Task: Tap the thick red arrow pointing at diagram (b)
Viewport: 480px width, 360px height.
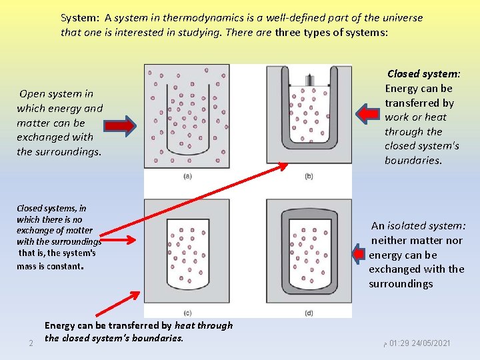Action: click(368, 114)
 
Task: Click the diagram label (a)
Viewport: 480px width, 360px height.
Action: click(187, 176)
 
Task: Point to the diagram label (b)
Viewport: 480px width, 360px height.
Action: click(308, 176)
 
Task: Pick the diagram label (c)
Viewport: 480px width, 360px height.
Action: click(187, 312)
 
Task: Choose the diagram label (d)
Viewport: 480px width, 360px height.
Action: click(308, 312)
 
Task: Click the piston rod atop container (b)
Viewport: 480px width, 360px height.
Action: click(309, 80)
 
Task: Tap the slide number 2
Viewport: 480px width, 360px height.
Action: click(31, 343)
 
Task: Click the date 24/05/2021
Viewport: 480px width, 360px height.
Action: click(429, 343)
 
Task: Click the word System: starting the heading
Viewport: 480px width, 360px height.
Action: click(81, 18)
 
